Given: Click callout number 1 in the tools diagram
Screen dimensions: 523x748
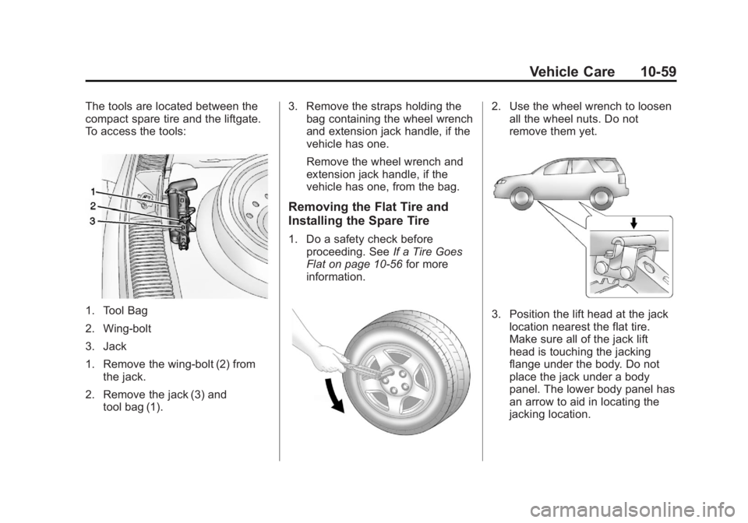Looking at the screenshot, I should (93, 191).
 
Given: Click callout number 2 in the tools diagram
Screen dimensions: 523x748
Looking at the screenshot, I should (93, 206).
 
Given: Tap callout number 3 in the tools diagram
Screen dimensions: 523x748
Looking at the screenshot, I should (93, 221).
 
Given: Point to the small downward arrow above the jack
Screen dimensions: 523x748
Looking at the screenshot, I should (634, 223).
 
